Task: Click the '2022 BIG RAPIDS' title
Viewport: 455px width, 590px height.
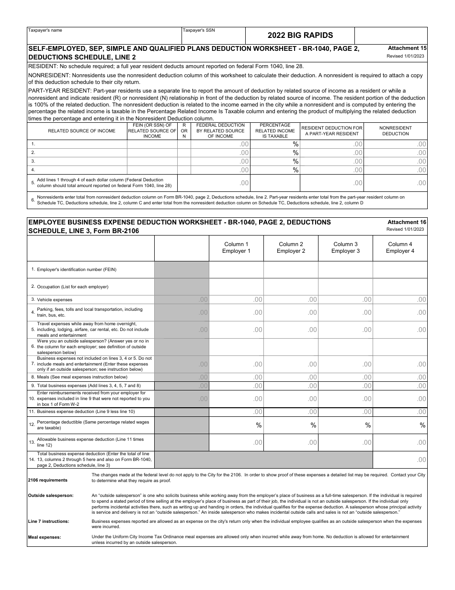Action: click(x=300, y=35)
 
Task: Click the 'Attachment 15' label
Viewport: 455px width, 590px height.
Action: click(x=407, y=48)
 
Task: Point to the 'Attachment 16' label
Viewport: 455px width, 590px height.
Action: click(x=407, y=222)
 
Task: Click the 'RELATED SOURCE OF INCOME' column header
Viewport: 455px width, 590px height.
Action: click(x=81, y=131)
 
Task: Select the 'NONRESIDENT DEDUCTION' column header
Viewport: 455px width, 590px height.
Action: click(x=396, y=131)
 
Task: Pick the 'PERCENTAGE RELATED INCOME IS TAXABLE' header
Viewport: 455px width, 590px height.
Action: click(x=275, y=131)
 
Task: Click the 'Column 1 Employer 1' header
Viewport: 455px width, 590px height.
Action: click(x=236, y=248)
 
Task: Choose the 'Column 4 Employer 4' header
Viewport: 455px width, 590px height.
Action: click(x=400, y=248)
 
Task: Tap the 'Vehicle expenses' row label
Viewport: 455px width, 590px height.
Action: click(x=55, y=300)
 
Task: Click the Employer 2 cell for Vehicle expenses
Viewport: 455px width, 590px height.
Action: click(x=291, y=300)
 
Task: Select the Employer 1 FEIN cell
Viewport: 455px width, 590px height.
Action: click(x=236, y=270)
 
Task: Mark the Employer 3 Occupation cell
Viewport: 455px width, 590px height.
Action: click(x=345, y=286)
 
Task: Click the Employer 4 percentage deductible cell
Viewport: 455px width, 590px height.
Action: click(x=400, y=425)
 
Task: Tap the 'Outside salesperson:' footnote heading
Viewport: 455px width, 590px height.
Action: click(x=51, y=496)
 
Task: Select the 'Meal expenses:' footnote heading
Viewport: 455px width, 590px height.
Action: click(x=45, y=537)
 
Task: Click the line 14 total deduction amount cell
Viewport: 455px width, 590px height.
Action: click(x=400, y=460)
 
